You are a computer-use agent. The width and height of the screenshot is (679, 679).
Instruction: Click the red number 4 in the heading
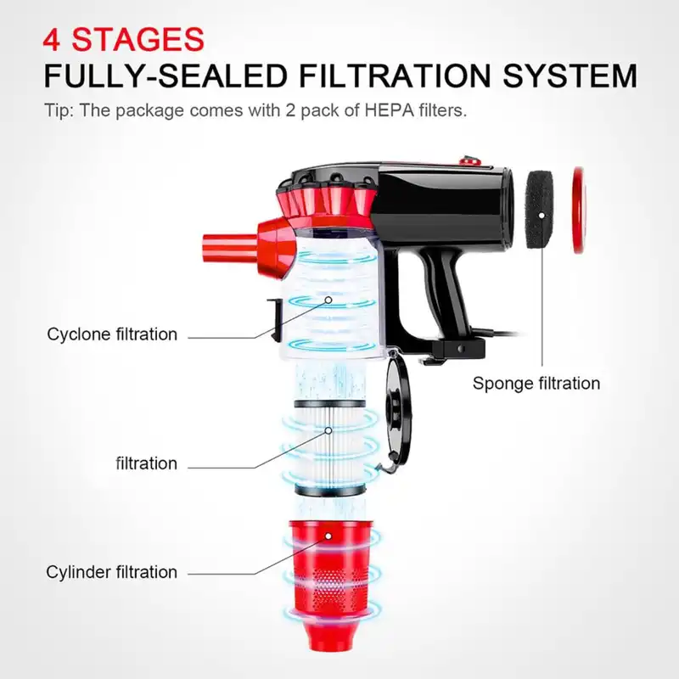tap(52, 39)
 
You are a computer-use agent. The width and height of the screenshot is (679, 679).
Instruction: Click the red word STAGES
tap(137, 39)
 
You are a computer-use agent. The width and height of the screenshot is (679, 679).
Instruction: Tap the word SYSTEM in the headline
tap(570, 76)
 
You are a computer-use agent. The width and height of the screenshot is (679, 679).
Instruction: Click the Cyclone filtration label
tap(112, 334)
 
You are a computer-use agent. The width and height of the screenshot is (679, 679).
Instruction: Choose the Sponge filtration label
tap(536, 384)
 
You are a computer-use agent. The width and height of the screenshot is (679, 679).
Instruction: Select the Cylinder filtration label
tap(112, 572)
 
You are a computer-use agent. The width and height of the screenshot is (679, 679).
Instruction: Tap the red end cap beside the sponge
tap(579, 210)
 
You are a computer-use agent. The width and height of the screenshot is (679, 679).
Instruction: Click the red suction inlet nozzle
tap(230, 246)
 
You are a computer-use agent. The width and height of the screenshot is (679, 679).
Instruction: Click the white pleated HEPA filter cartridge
tap(330, 447)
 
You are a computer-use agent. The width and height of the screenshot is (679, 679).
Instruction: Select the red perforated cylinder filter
tap(330, 583)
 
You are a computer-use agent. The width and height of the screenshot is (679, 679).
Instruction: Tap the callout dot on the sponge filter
tap(542, 216)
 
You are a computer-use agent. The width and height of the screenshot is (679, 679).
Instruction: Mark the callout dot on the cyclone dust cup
tap(328, 300)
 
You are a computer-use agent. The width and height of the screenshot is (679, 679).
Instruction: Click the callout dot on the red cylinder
tap(328, 536)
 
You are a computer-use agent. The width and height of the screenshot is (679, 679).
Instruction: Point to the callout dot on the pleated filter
tap(328, 430)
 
